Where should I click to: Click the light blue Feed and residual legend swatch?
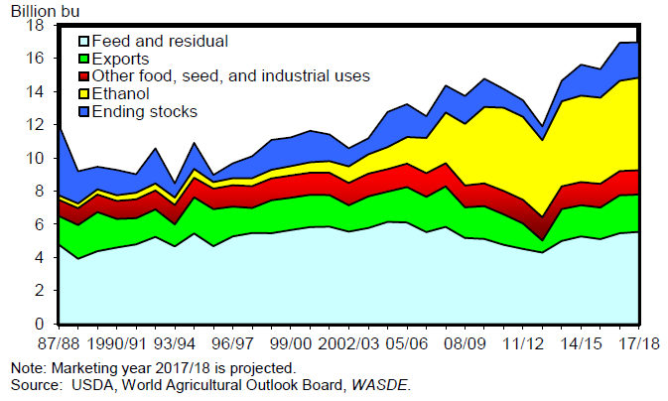(83, 41)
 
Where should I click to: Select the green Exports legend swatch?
(83, 59)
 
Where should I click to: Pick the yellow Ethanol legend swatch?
(83, 94)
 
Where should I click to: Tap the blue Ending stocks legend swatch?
(83, 112)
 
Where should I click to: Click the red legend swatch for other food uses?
(83, 76)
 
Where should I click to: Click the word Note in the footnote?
(22, 367)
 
